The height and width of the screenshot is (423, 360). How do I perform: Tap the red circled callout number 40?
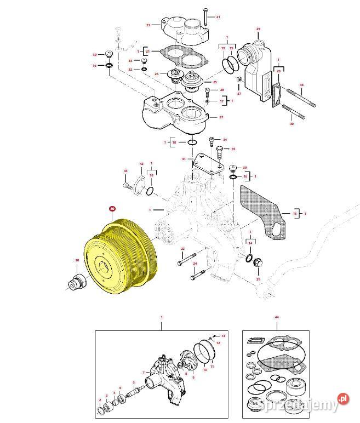coord(112,209)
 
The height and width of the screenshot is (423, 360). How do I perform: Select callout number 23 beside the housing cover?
coord(148,25)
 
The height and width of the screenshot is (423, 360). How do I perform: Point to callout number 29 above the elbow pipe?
coord(258,28)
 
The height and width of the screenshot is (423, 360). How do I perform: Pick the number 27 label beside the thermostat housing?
coord(221,117)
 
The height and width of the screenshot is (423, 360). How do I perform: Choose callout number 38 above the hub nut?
coord(77,260)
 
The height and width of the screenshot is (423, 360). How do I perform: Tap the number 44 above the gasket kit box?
coord(277,318)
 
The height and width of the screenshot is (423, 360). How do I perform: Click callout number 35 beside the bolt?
coord(233,149)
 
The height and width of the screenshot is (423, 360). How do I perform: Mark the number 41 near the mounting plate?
coord(184,158)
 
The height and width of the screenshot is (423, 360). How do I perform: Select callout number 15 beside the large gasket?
coord(295,213)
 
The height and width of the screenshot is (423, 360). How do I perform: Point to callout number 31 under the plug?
coord(258,279)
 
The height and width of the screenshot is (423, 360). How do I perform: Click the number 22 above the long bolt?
coord(182,249)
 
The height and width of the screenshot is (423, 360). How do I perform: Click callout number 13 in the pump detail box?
coord(222,335)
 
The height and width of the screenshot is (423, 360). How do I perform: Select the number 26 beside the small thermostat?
coord(156,74)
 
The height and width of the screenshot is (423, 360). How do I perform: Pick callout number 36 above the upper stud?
coord(301,85)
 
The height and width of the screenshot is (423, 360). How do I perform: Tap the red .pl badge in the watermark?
coord(342,399)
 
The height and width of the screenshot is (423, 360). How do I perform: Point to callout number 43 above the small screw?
coord(125,172)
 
